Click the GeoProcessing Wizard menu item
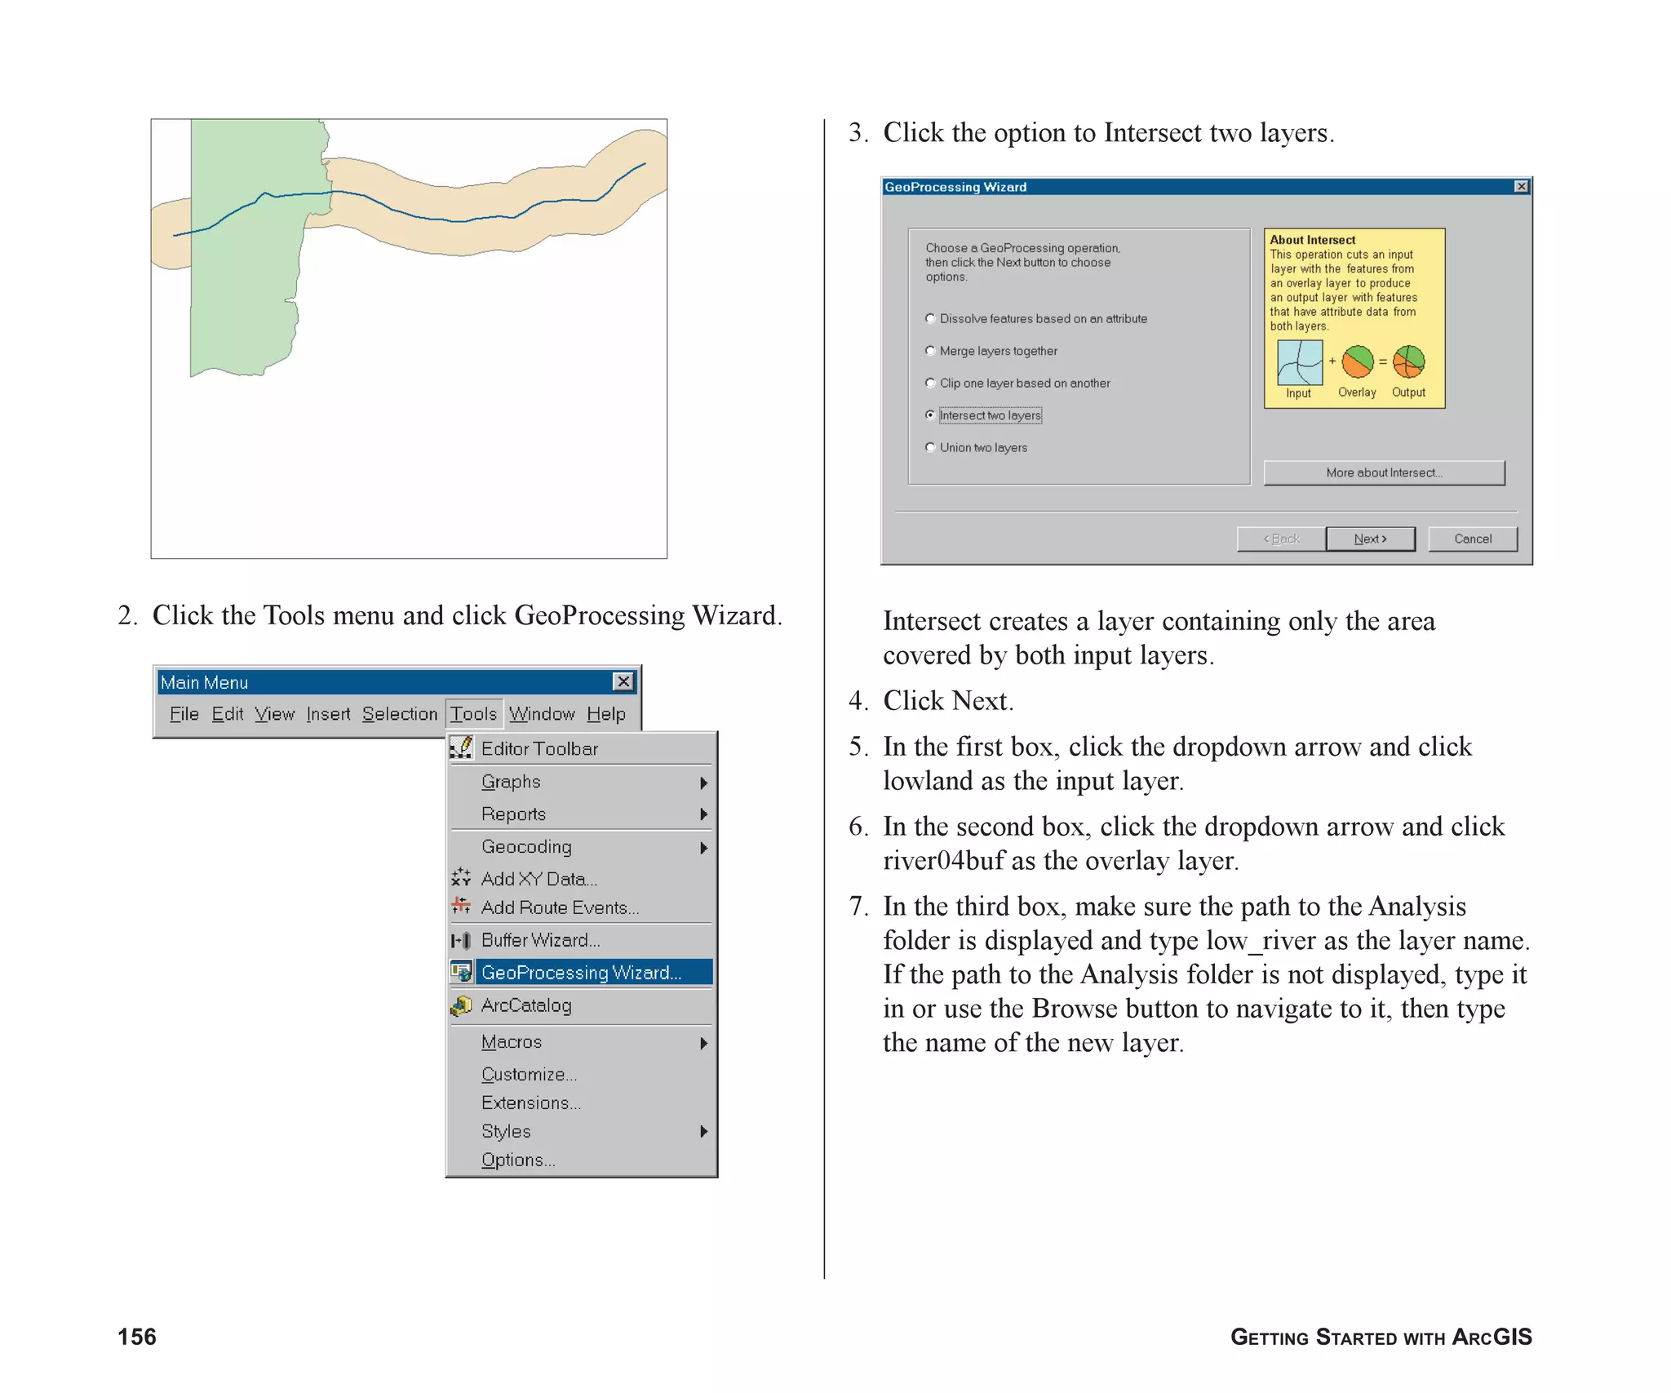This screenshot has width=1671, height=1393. click(x=580, y=972)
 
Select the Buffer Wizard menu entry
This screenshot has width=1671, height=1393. click(x=540, y=940)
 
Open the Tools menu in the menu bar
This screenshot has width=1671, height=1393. click(x=473, y=714)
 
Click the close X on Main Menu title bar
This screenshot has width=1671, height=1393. click(x=623, y=681)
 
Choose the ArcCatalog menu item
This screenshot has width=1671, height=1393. click(x=525, y=1005)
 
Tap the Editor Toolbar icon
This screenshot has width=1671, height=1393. click(x=462, y=748)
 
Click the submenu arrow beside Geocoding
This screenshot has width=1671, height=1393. click(x=703, y=848)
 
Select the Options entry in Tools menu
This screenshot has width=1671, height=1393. click(x=517, y=1160)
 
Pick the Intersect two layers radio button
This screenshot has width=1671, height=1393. click(x=930, y=415)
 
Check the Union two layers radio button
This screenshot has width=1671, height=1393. click(x=930, y=447)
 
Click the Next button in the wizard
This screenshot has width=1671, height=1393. click(x=1370, y=539)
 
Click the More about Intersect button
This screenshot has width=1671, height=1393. click(x=1384, y=472)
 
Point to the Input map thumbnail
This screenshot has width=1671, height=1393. click(x=1300, y=362)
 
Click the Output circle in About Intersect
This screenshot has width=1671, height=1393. click(x=1408, y=362)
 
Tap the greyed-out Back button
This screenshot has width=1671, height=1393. click(x=1281, y=539)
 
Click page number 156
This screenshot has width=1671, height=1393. click(x=137, y=1337)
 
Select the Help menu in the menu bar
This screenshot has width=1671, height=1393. click(x=605, y=714)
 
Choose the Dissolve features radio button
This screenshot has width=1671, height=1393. click(x=930, y=318)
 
